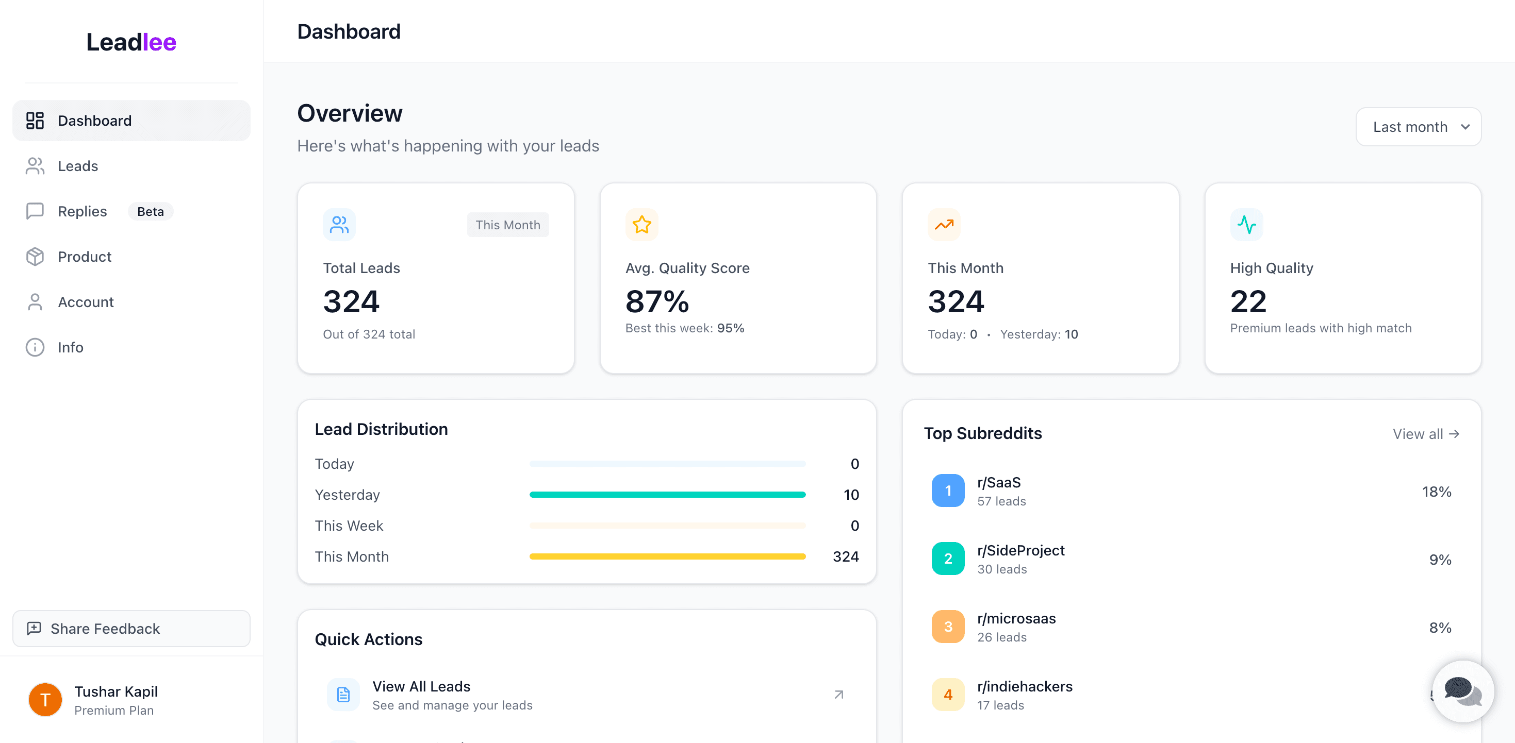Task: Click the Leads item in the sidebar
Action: (78, 166)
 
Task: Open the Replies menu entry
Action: (82, 212)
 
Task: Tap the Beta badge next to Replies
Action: (151, 212)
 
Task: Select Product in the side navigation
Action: (84, 257)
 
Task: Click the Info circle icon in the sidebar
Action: (35, 347)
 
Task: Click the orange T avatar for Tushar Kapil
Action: (45, 700)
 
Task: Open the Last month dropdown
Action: (1418, 127)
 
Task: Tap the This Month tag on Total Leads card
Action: (507, 225)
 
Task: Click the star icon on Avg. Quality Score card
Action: (641, 225)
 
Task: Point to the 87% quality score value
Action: (657, 301)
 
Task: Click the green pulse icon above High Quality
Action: (1246, 225)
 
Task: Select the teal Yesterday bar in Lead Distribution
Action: (667, 495)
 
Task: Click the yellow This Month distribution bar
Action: (667, 556)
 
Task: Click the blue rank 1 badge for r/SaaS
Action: (947, 491)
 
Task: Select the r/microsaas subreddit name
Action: (1016, 618)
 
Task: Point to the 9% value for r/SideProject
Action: (1440, 560)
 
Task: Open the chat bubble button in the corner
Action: (1462, 691)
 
